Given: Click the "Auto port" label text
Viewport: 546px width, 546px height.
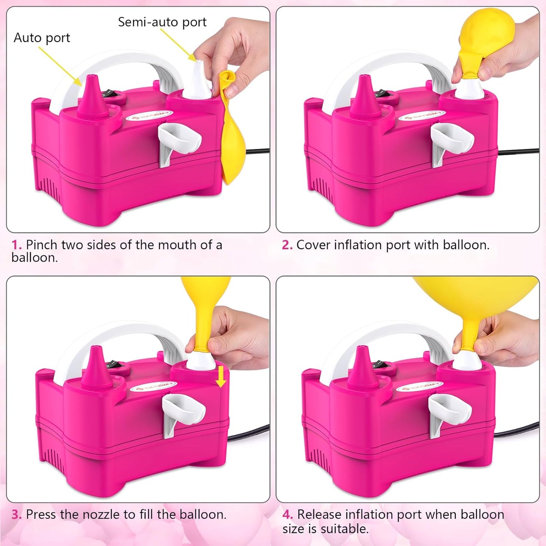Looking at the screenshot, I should pyautogui.click(x=42, y=38).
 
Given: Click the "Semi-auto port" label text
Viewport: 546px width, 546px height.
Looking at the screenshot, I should pyautogui.click(x=162, y=22).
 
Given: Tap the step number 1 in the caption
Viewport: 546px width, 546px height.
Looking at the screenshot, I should pyautogui.click(x=16, y=245).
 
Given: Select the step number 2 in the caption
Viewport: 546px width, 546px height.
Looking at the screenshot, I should pyautogui.click(x=287, y=245).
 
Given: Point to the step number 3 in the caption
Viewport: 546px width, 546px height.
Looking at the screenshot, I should pyautogui.click(x=16, y=515).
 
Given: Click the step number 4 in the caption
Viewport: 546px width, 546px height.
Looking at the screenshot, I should pyautogui.click(x=287, y=515).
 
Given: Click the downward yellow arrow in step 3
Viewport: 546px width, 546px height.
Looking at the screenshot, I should pyautogui.click(x=221, y=377).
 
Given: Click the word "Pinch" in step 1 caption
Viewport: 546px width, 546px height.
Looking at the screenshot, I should pyautogui.click(x=42, y=245).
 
